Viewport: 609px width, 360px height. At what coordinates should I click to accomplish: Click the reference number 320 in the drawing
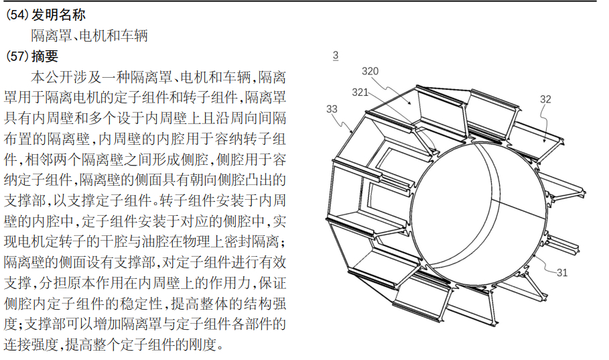tap(370, 71)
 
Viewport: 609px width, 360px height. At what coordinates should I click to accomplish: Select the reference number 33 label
tap(332, 109)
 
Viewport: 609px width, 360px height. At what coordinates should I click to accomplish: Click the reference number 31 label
tap(562, 272)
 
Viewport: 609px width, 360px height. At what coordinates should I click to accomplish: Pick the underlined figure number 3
tap(335, 56)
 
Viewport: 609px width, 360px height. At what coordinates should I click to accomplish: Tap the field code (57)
tap(16, 56)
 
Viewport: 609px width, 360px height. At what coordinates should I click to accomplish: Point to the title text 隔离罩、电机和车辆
tap(89, 36)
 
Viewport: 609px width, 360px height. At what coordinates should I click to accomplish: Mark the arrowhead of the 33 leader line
tap(355, 130)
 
